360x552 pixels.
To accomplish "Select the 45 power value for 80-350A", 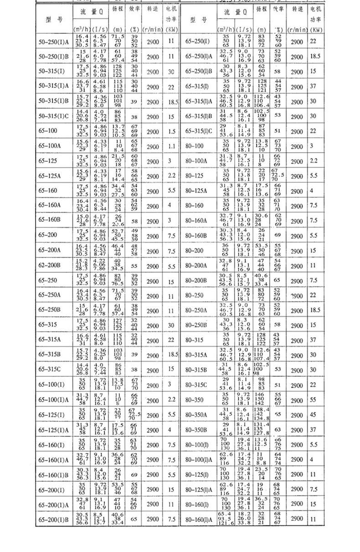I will click(x=313, y=415).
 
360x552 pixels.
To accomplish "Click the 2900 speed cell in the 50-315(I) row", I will click(x=153, y=72).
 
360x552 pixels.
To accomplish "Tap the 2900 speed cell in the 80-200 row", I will click(x=297, y=251).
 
